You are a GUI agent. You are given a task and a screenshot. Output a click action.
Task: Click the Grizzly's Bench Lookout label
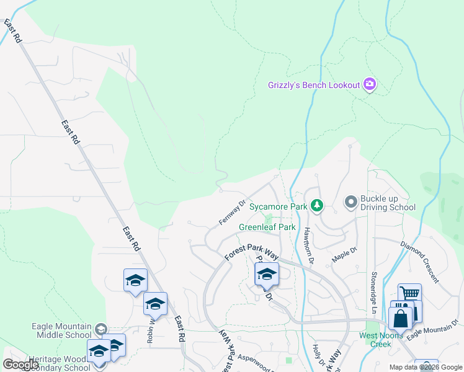click(313, 84)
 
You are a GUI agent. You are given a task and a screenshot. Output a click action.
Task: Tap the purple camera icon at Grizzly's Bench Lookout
click(370, 84)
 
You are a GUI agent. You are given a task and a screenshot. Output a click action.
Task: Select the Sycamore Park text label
click(279, 206)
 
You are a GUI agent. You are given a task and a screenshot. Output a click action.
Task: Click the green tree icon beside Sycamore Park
click(317, 205)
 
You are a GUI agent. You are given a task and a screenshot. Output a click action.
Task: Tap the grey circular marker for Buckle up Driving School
click(351, 201)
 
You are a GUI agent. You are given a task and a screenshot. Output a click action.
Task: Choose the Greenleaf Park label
click(267, 227)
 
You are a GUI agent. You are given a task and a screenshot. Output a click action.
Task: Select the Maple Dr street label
click(345, 255)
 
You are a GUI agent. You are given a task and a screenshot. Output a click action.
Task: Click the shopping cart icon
click(410, 294)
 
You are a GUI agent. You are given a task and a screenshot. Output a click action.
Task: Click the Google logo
click(20, 365)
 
